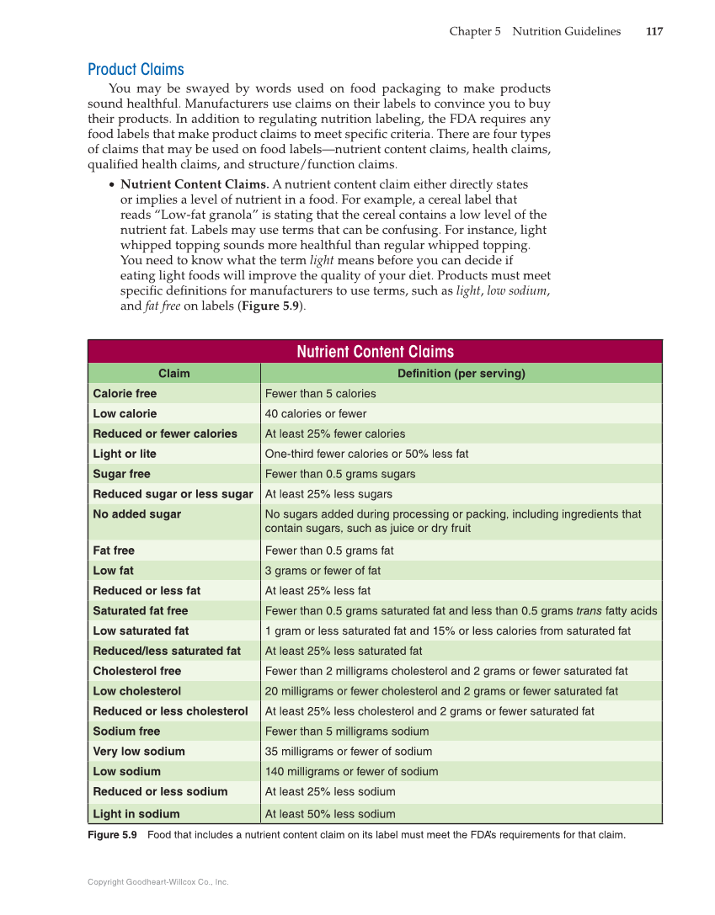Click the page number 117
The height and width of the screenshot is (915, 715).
(x=654, y=32)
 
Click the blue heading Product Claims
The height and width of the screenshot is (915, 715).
(x=136, y=70)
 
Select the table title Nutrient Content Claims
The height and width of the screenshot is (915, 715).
(x=375, y=352)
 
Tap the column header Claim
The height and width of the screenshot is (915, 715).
(x=174, y=374)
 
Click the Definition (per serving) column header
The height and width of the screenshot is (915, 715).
(x=461, y=374)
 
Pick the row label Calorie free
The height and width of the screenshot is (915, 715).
(x=125, y=394)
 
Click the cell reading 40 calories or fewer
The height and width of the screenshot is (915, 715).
(x=316, y=414)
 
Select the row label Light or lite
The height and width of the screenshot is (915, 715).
(x=125, y=454)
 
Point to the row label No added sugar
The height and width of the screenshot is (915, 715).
(x=136, y=514)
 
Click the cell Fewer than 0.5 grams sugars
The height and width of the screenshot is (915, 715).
(x=340, y=474)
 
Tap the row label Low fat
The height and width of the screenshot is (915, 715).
(x=113, y=571)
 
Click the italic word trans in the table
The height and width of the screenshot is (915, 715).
(x=589, y=611)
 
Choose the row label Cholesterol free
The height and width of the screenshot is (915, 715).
(x=136, y=671)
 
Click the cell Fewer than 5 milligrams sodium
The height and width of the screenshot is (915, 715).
(x=347, y=731)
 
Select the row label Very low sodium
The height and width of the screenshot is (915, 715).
(x=139, y=752)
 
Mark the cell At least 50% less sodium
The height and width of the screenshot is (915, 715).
(x=330, y=814)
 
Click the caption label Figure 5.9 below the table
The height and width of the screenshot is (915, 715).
(x=112, y=835)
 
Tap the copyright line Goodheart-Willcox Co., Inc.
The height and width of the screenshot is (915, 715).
(x=158, y=882)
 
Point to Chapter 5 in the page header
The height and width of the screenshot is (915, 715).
(x=475, y=32)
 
